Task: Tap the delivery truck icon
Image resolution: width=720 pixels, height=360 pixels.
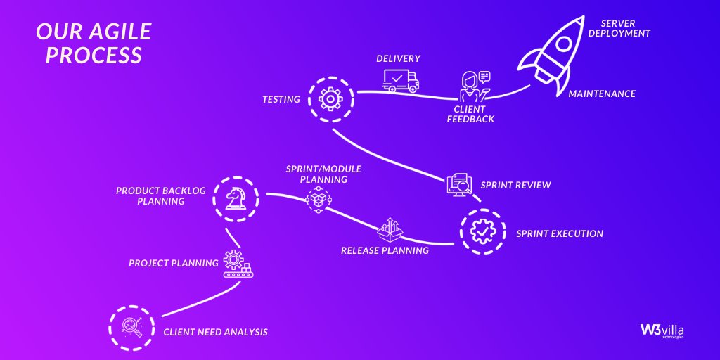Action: tap(401, 80)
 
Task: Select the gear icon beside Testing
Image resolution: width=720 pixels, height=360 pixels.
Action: tap(330, 99)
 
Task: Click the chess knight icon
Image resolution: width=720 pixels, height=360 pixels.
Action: tap(236, 199)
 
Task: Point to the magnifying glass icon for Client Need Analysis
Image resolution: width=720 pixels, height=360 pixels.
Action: tap(131, 327)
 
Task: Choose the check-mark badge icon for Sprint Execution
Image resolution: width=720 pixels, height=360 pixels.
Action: tap(483, 231)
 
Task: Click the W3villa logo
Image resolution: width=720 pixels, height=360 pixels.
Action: tap(662, 330)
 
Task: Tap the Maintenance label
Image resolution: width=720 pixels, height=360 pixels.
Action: tap(602, 94)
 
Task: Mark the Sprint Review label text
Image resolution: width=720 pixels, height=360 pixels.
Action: tap(515, 186)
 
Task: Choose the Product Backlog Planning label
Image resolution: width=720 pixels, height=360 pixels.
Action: tap(150, 196)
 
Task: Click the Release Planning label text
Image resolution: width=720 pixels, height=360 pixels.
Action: tap(385, 250)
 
